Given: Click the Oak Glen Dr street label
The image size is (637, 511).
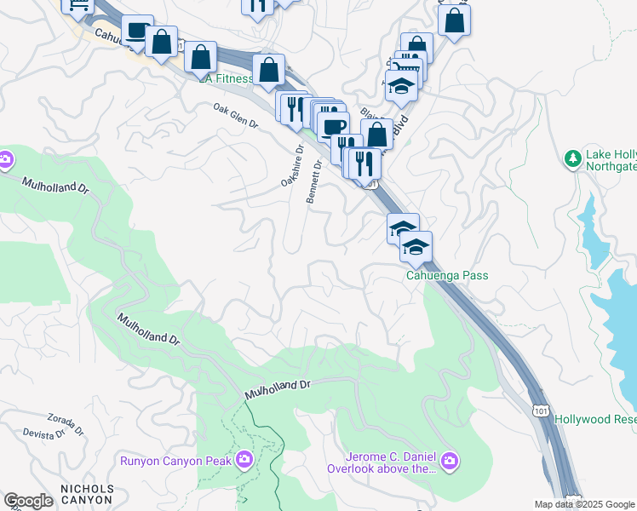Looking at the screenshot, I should pos(236,116).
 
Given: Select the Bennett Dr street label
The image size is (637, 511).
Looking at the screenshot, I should pos(313,181).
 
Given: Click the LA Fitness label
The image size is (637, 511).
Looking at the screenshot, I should pos(227,79).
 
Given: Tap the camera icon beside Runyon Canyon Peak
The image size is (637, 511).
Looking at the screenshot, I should pos(244,461).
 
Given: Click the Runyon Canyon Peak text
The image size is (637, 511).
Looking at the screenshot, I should pos(175,461).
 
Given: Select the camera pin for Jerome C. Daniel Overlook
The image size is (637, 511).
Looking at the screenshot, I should pos(450,462).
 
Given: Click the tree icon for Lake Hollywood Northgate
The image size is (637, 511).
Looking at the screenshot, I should pos(573,158).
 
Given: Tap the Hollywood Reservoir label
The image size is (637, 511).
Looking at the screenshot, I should pos(595,419).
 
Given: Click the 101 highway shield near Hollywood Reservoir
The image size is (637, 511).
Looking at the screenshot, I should pos(541,411).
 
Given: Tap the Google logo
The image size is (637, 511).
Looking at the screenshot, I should pos(28,501).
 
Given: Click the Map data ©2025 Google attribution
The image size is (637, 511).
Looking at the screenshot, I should pos(583,504).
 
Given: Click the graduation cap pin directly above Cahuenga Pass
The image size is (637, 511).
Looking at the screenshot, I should pos(416,247).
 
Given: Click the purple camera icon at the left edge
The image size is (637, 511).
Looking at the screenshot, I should pos(5,159).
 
